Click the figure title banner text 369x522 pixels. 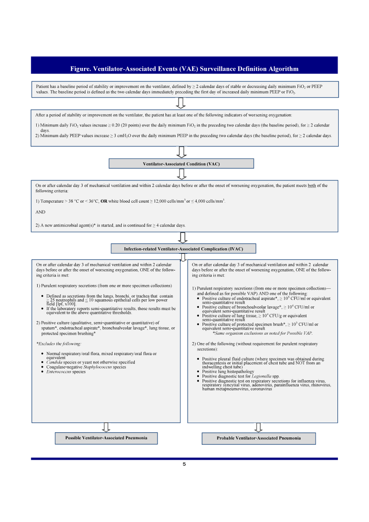[x=184, y=69]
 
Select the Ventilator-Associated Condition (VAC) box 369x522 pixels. [x=181, y=164]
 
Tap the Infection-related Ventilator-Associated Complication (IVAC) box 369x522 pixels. [x=183, y=249]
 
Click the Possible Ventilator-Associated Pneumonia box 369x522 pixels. [x=106, y=438]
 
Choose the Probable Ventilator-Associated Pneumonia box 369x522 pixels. [x=258, y=438]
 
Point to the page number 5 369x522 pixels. [x=184, y=464]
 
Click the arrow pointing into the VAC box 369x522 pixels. [x=182, y=152]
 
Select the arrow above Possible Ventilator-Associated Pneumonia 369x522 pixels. [x=106, y=427]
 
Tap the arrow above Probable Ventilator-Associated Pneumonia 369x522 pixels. [x=258, y=427]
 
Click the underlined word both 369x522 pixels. [x=312, y=185]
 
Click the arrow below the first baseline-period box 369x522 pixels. [x=182, y=103]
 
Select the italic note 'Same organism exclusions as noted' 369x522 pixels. [x=263, y=333]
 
